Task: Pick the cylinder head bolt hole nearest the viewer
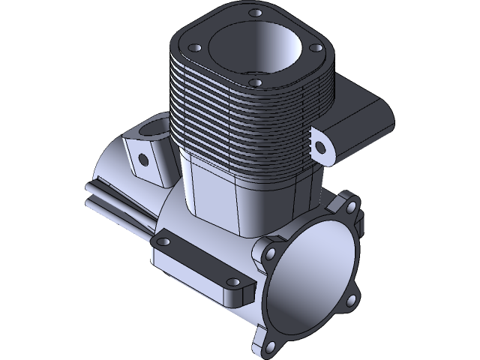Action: click(255, 82)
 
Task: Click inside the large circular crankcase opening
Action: click(311, 274)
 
